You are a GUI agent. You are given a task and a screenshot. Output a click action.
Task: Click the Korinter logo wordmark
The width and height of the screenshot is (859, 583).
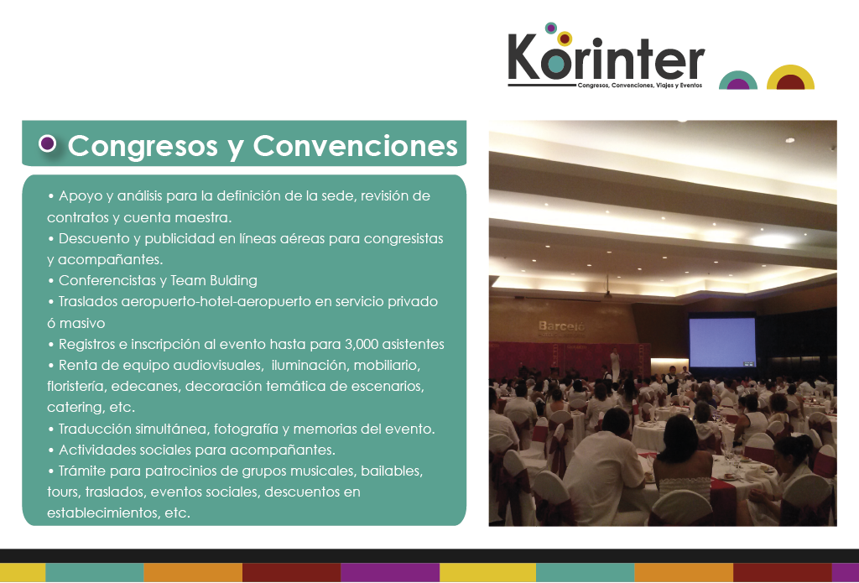point(606,59)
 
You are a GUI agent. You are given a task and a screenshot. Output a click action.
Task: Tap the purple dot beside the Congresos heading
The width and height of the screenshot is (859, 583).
point(48,143)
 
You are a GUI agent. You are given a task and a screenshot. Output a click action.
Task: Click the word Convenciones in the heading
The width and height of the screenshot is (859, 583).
point(355,146)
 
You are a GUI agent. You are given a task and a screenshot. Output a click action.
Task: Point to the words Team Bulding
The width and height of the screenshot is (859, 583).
point(214,280)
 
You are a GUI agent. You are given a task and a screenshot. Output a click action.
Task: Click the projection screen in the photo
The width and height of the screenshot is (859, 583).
point(722,342)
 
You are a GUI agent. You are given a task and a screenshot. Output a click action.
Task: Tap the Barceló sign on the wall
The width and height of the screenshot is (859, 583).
point(561,326)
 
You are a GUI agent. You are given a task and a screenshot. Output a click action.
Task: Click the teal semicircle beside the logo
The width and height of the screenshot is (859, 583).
point(738,81)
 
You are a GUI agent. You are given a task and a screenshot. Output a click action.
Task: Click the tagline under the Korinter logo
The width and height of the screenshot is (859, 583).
point(640,86)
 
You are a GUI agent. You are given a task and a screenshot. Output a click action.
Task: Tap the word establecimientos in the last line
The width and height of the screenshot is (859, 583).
point(103,513)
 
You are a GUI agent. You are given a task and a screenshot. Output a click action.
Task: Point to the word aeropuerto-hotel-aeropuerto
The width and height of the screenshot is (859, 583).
point(216,302)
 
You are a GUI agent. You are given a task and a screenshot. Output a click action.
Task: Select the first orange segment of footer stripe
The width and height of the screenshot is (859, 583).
point(193,572)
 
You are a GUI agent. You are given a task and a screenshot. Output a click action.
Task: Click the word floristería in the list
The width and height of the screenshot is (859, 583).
point(75,387)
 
